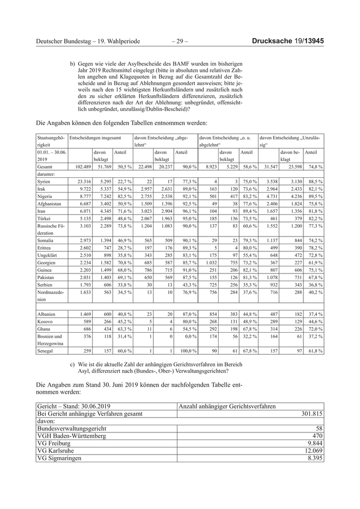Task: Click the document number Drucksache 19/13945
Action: pyautogui.click(x=291, y=41)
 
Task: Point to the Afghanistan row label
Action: pyautogui.click(x=50, y=203)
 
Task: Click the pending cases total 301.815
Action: pyautogui.click(x=311, y=414)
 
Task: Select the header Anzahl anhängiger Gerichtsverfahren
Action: pyautogui.click(x=227, y=406)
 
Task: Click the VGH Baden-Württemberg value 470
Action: pyautogui.click(x=315, y=435)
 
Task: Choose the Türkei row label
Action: pyautogui.click(x=45, y=217)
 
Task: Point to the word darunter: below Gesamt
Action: pyautogui.click(x=47, y=174)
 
